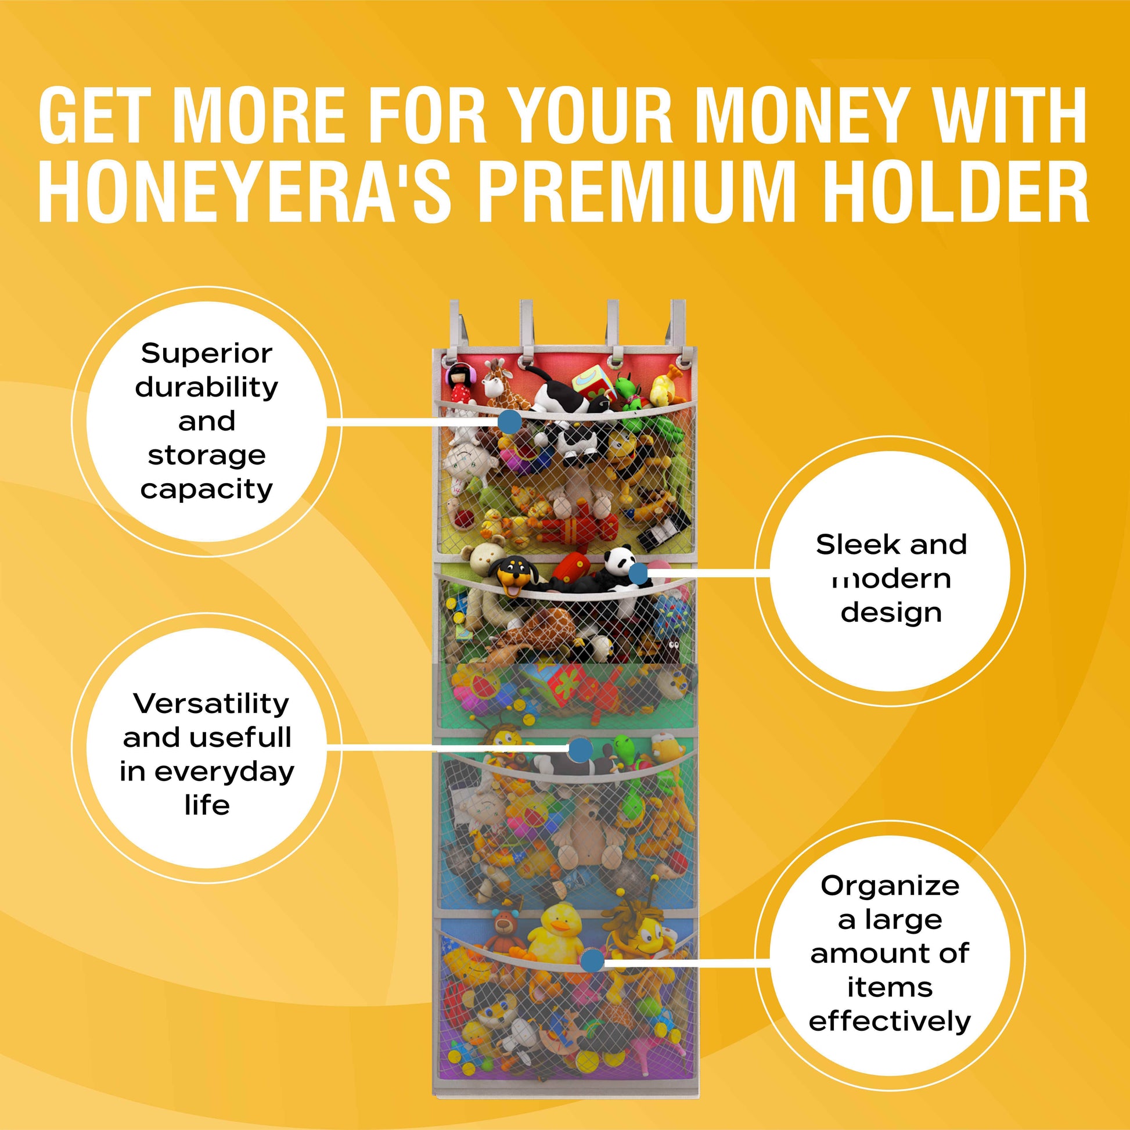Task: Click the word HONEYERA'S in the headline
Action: pos(245,191)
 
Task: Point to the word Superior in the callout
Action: pos(207,353)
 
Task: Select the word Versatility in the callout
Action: pos(211,703)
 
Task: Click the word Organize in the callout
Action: pos(890,886)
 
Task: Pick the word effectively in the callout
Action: pos(890,1021)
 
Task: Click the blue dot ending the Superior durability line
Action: pos(510,421)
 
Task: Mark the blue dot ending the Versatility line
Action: pos(580,750)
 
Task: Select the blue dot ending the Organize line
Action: pos(592,960)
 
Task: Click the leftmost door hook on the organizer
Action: pos(458,328)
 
